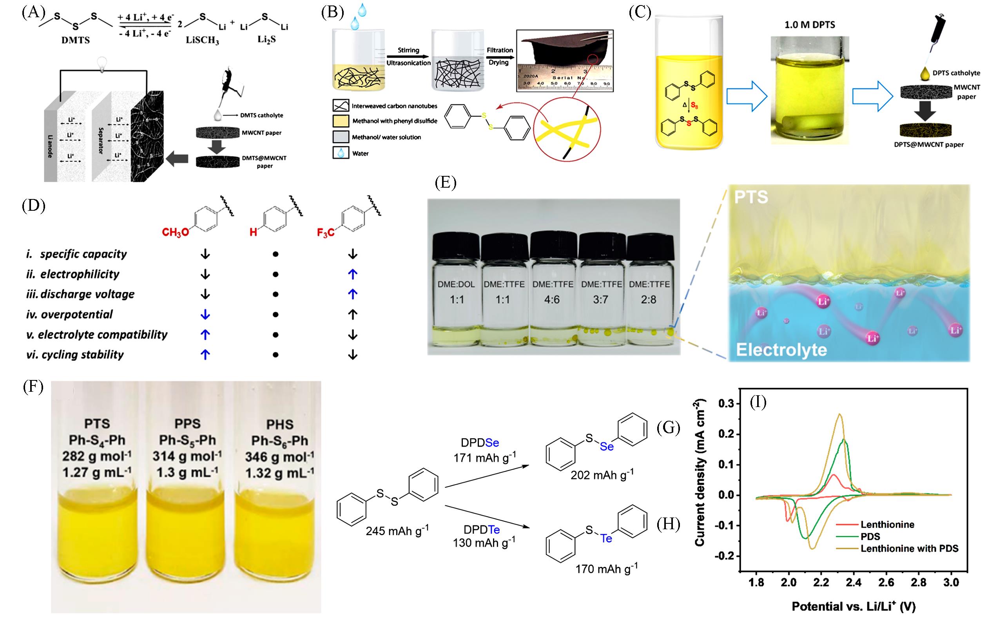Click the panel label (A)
click(x=33, y=12)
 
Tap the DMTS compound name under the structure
click(x=76, y=41)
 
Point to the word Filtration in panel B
click(x=500, y=50)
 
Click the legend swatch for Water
click(x=341, y=154)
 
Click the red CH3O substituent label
click(x=176, y=233)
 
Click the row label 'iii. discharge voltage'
click(x=80, y=294)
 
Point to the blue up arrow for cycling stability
click(x=205, y=355)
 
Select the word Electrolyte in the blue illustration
click(x=781, y=350)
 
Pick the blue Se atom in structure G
click(x=607, y=447)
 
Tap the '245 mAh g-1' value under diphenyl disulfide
click(x=397, y=530)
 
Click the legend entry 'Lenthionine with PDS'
click(x=909, y=548)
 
